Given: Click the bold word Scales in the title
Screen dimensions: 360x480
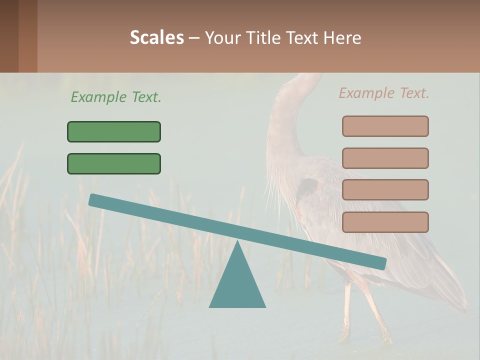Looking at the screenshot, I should click(156, 37).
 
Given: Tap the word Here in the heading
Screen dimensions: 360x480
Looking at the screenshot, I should click(342, 37).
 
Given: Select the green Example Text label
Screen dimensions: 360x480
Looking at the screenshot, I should click(116, 97).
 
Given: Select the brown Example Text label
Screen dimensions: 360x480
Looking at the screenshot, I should click(384, 92).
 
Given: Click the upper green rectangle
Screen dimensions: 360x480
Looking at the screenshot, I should click(114, 131).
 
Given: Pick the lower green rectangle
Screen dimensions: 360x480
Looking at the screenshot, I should click(114, 163).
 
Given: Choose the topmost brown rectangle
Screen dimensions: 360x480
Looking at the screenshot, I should click(385, 126).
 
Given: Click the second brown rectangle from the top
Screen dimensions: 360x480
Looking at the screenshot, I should click(385, 158).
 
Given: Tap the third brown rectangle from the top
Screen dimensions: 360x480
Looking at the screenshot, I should click(385, 189).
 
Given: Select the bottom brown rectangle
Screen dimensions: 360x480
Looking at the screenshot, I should click(385, 222).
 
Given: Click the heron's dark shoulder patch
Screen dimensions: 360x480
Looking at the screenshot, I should click(309, 187).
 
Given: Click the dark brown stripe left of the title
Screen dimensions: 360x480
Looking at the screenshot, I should click(9, 36).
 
